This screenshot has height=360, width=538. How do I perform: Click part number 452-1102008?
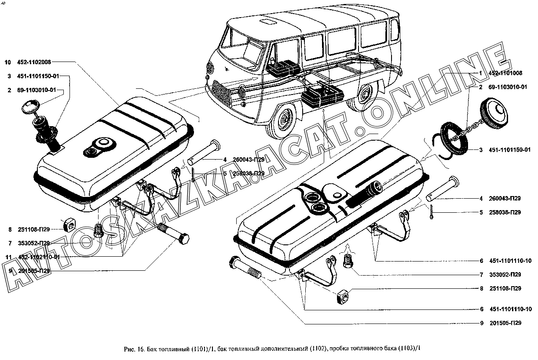pos(37,62)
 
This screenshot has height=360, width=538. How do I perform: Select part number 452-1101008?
pos(506,73)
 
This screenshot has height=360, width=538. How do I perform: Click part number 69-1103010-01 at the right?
pos(508,87)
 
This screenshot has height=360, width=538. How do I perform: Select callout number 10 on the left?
pos(7,62)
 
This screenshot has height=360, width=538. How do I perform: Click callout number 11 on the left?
pos(8,257)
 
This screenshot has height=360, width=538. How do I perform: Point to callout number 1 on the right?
pos(481,73)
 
